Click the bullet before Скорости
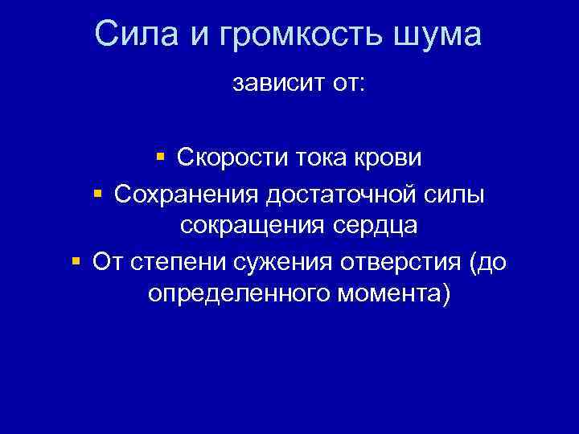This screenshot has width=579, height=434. (161, 156)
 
